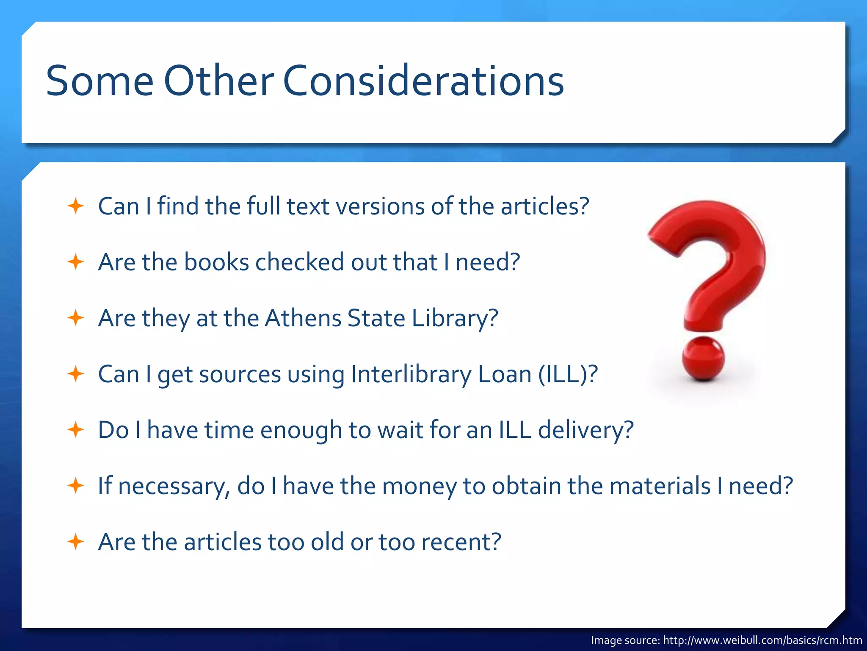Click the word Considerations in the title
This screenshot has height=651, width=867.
[x=423, y=81]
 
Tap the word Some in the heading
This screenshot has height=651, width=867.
[x=99, y=81]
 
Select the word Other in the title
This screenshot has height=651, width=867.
[x=218, y=81]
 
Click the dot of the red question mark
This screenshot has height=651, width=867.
[x=703, y=359]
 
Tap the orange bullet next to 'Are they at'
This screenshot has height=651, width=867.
[x=76, y=318]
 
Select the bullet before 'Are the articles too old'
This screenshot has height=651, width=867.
[x=76, y=542]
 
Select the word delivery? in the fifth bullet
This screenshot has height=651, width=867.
[x=586, y=430]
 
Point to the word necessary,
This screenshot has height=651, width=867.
[x=174, y=486]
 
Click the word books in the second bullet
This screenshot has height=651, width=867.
[x=216, y=262]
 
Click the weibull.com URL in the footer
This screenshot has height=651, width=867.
[x=762, y=640]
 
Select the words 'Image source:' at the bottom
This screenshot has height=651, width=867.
[x=625, y=640]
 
